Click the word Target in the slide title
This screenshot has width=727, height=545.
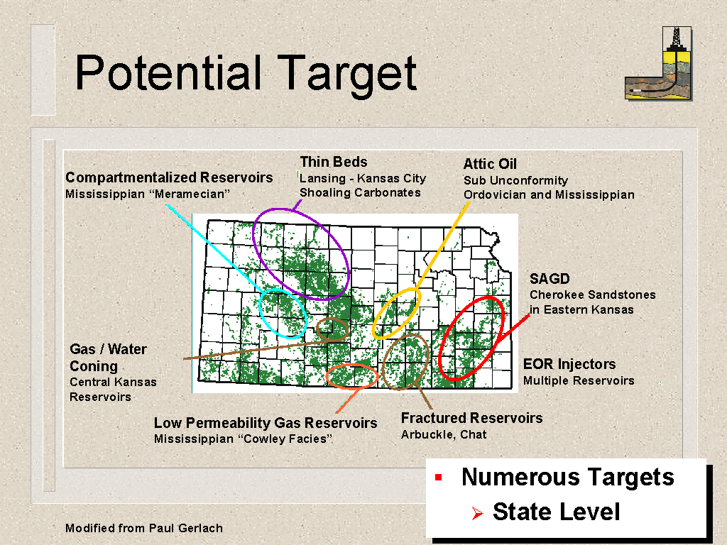346,74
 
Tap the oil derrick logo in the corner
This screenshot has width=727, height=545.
658,63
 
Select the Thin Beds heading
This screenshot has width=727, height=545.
334,162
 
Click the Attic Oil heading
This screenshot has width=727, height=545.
490,164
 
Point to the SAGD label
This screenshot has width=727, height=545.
550,278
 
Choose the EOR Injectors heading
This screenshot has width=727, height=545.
569,364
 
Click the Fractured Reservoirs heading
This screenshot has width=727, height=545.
471,418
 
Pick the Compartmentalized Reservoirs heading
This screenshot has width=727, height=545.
169,177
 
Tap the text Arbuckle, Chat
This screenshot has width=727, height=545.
444,435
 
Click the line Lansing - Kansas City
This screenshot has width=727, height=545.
363,178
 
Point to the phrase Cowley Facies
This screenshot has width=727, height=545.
285,439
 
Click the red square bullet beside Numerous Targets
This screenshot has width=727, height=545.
439,478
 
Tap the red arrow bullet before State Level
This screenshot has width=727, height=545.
477,513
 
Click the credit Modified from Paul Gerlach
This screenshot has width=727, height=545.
143,528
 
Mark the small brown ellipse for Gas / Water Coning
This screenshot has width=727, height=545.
317,329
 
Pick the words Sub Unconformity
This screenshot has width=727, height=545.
515,180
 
